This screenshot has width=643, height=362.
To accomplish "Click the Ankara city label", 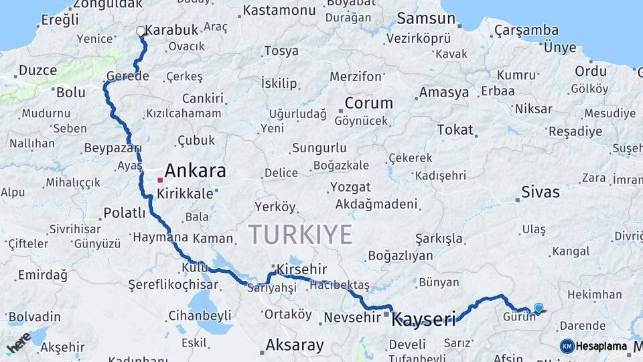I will pos(195,170).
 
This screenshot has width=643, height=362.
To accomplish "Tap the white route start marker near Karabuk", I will pos(141,31).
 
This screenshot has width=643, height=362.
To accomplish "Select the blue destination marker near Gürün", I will pos(539,308).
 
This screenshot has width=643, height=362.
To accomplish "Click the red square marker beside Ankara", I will pos(160,180).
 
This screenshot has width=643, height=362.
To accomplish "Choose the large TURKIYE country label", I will pos(300,235).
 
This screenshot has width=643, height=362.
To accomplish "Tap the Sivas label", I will pos(541,192).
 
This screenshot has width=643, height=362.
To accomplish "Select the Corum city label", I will pos(369,103).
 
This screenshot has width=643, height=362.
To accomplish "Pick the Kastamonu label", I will pos(279,10).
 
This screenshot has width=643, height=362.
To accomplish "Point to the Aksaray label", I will pos(295,345).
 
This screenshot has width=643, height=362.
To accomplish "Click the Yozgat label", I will pos(346,187).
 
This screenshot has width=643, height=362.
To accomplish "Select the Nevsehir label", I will pos(352,317).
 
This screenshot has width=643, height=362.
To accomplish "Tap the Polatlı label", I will pos(124,213).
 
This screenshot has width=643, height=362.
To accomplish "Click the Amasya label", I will pos(444,93).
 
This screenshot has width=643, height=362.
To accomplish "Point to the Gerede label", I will pos(127,76).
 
